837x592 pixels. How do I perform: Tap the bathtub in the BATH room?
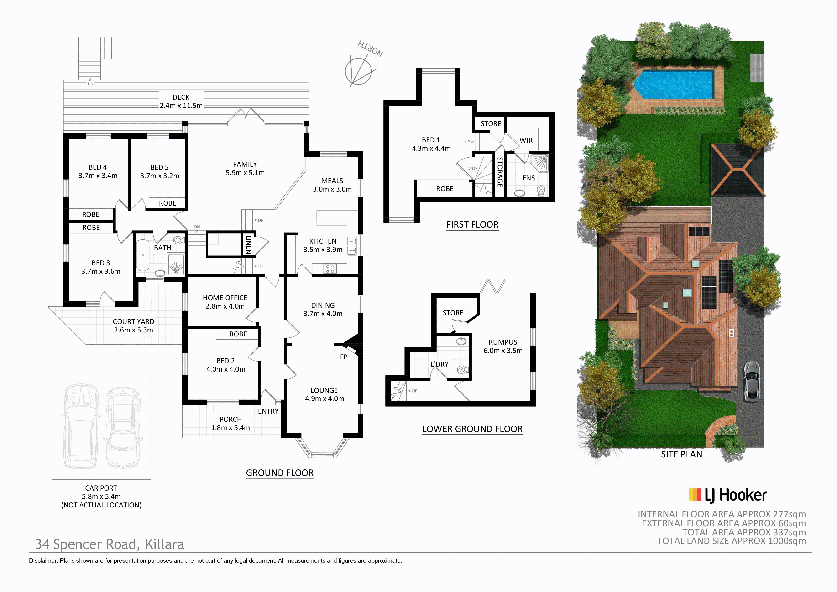click(x=142, y=255)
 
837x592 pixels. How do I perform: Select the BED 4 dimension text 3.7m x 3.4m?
click(x=98, y=176)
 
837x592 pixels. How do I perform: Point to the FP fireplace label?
click(x=343, y=357)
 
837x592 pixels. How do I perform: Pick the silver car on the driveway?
click(x=751, y=381)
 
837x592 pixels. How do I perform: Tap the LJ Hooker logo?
click(x=728, y=495)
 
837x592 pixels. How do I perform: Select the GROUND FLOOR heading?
click(x=280, y=473)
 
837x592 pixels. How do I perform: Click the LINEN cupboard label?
click(x=249, y=244)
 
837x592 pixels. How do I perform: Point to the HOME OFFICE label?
click(x=225, y=298)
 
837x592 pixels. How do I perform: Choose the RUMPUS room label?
click(x=503, y=342)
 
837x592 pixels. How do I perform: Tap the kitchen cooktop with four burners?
click(x=330, y=269)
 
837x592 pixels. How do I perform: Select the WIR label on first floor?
click(x=526, y=140)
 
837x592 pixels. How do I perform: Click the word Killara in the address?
click(x=164, y=544)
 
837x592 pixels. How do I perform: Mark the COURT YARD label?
click(x=133, y=322)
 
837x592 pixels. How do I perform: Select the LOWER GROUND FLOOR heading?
click(x=472, y=429)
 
